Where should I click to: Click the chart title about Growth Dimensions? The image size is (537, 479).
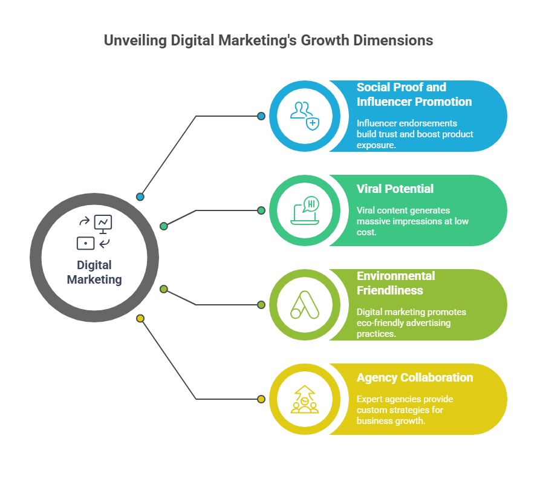point(268,41)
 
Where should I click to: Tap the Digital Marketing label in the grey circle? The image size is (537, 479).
point(94,272)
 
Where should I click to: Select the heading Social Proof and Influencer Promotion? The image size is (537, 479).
point(414,94)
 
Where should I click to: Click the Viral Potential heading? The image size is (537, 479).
point(395,189)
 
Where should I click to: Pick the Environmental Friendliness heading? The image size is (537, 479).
point(395,283)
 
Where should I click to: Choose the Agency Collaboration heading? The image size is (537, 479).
point(415,377)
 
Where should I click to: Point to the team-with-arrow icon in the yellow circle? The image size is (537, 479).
point(304,399)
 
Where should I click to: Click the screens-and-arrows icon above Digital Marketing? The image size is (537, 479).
point(94,233)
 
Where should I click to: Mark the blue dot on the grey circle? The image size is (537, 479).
point(140,197)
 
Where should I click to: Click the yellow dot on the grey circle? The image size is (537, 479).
point(140,318)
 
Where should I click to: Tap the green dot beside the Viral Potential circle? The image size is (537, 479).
point(261,210)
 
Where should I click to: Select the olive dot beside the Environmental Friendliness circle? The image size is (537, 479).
point(261,305)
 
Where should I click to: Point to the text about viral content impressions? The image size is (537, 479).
point(411,221)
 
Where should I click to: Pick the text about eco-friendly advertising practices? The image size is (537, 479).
point(411,323)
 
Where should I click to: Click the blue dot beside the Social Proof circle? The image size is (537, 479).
point(261,116)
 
